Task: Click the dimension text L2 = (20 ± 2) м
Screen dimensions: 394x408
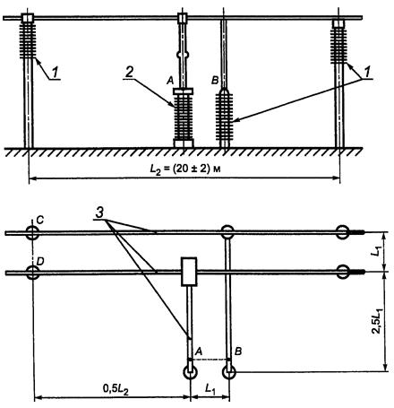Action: (x=185, y=169)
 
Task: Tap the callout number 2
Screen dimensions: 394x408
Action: (x=129, y=72)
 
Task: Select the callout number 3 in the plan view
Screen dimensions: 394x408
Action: (x=99, y=213)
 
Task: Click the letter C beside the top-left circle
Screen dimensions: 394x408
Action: (x=40, y=221)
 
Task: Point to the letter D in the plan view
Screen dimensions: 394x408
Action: (x=40, y=261)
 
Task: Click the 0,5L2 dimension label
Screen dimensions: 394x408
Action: (x=116, y=389)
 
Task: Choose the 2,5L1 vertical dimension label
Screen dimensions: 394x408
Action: (x=379, y=322)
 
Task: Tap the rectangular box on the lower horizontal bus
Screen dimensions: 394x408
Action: (x=189, y=272)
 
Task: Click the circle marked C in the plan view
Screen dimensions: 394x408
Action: (x=32, y=233)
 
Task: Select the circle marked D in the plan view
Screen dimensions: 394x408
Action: (x=32, y=273)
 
